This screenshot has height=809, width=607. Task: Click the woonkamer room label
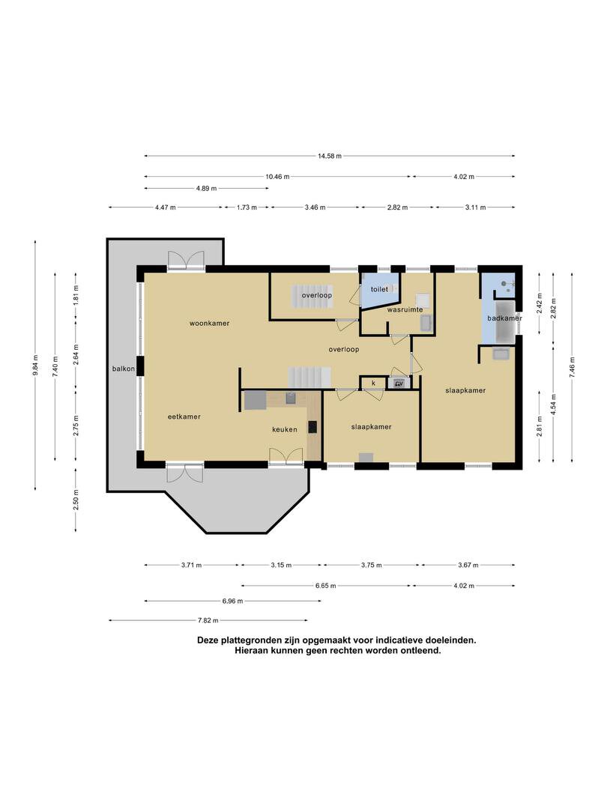click(x=209, y=324)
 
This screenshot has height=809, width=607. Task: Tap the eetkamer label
click(x=184, y=416)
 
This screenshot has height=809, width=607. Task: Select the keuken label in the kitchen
click(x=285, y=429)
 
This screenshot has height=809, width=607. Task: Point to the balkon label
click(x=124, y=369)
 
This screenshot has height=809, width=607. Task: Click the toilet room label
click(x=379, y=289)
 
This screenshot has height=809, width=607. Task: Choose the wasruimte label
click(x=405, y=309)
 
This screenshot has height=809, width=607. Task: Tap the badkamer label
click(x=504, y=318)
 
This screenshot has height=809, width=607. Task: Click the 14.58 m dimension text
click(x=329, y=156)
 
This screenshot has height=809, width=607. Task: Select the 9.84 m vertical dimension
click(x=35, y=365)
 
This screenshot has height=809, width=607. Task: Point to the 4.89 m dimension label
click(x=206, y=188)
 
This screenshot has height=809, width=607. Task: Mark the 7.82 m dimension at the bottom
click(x=208, y=620)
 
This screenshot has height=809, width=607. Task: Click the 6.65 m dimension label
click(x=326, y=586)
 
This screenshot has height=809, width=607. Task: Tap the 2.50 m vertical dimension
click(x=76, y=500)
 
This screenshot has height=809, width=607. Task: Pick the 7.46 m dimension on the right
click(x=572, y=367)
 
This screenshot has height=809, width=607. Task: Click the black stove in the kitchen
click(x=312, y=427)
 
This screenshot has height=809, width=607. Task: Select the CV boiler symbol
click(x=399, y=384)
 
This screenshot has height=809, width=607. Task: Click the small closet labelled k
click(x=373, y=382)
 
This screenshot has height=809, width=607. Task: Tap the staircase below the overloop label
click(x=309, y=378)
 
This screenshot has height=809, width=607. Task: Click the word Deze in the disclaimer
click(x=208, y=640)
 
